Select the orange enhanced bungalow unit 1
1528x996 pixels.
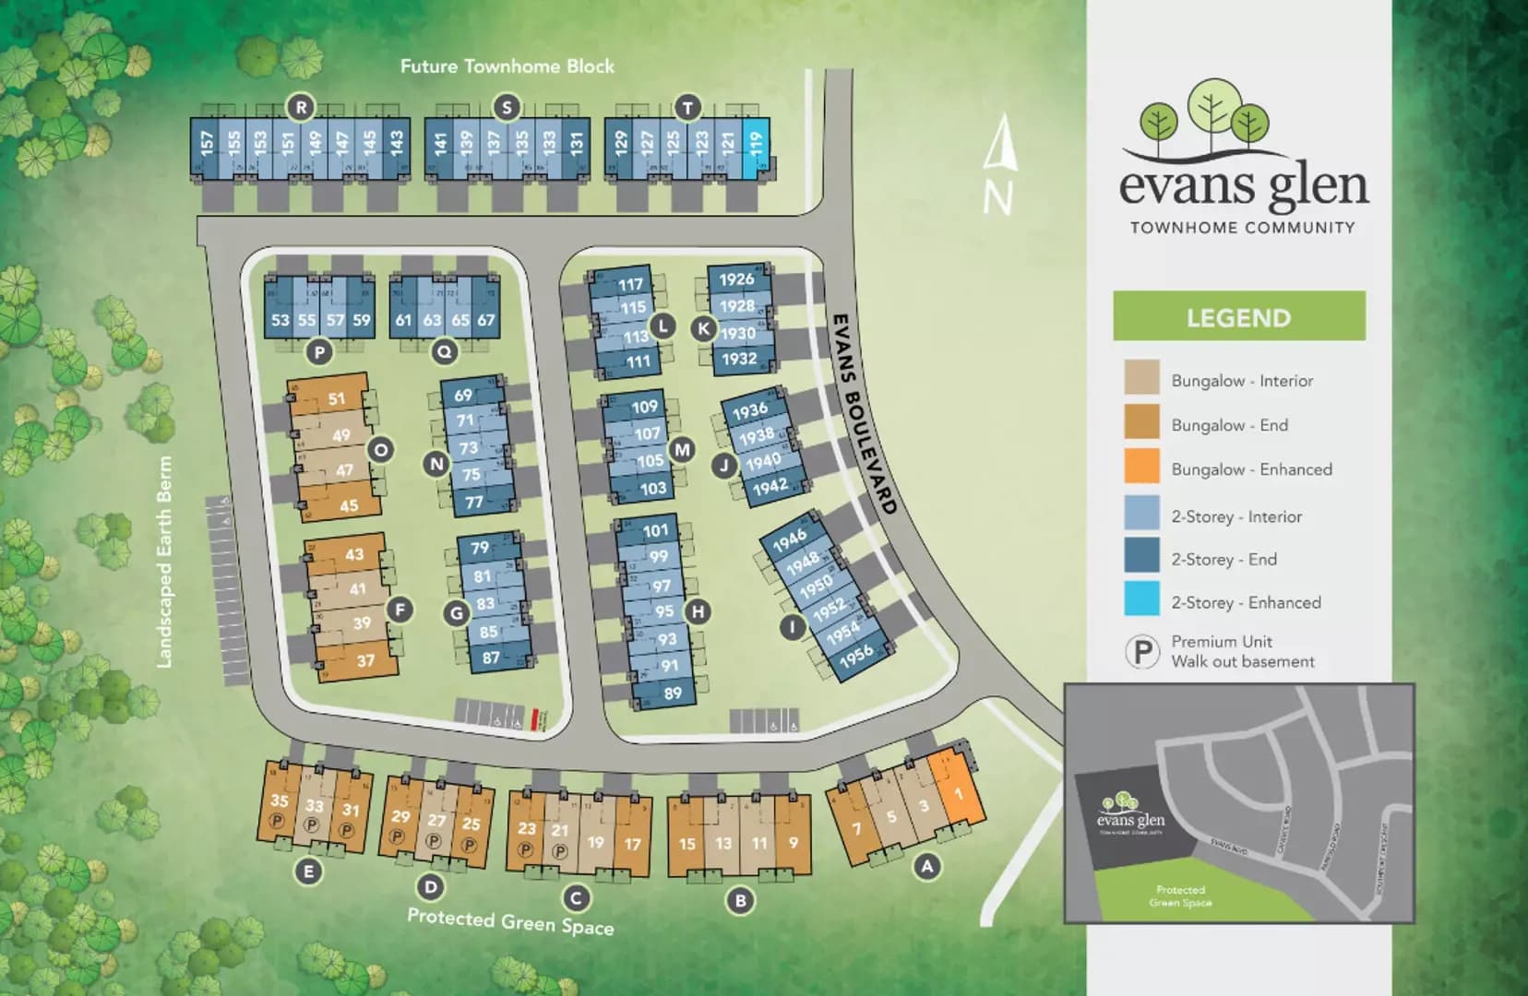pyautogui.click(x=958, y=792)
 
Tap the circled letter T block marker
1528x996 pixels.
pyautogui.click(x=686, y=108)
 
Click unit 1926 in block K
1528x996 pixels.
pyautogui.click(x=737, y=279)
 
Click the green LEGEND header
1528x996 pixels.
pyautogui.click(x=1238, y=317)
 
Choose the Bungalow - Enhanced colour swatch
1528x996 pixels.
pyautogui.click(x=1141, y=468)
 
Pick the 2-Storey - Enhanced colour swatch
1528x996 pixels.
pyautogui.click(x=1141, y=599)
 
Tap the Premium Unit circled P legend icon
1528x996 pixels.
pyautogui.click(x=1141, y=652)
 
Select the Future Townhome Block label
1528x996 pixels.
pyautogui.click(x=507, y=66)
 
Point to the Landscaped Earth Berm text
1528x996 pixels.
pyautogui.click(x=165, y=562)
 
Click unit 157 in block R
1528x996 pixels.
pyautogui.click(x=207, y=144)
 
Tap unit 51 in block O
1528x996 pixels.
pyautogui.click(x=337, y=399)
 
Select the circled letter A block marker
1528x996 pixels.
pyautogui.click(x=926, y=866)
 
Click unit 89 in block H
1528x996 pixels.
pyautogui.click(x=673, y=693)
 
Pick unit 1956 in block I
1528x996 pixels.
pyautogui.click(x=855, y=656)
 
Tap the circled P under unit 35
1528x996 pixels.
pyautogui.click(x=276, y=821)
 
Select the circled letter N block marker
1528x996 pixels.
pyautogui.click(x=437, y=464)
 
